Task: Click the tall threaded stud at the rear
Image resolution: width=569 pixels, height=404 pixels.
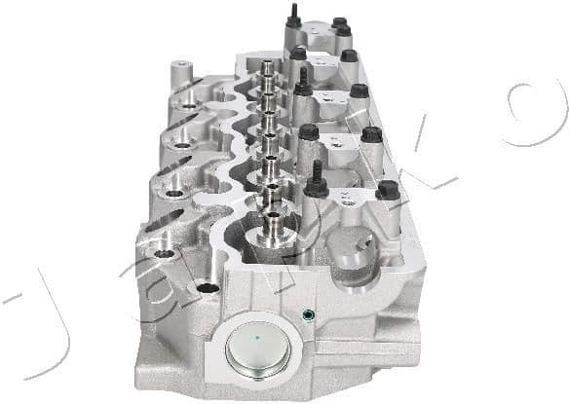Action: (x=291, y=17)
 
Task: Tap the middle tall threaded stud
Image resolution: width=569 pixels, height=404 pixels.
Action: (x=303, y=81)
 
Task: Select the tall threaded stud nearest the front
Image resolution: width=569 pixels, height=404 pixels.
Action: (x=317, y=180)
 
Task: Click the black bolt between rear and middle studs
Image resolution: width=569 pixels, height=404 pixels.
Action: (x=298, y=54)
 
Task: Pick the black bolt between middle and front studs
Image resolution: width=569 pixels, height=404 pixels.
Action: (x=309, y=131)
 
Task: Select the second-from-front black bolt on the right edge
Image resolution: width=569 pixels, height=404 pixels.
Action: (x=371, y=134)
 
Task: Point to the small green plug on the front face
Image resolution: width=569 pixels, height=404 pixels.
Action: (x=308, y=315)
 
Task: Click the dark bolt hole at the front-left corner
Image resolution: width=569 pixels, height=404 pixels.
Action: (x=206, y=288)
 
